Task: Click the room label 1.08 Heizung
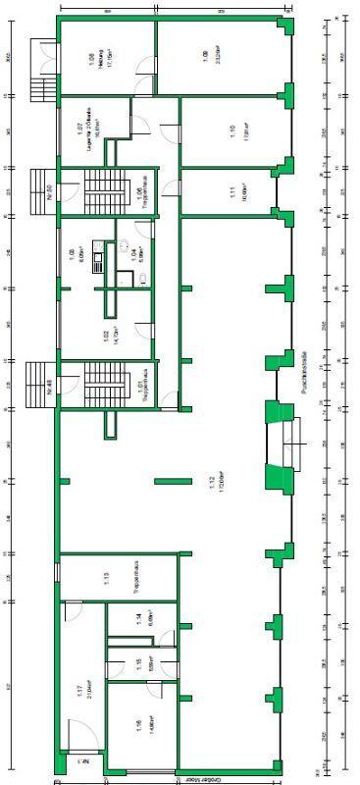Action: point(91,58)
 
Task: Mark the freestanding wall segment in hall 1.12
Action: point(173,480)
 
